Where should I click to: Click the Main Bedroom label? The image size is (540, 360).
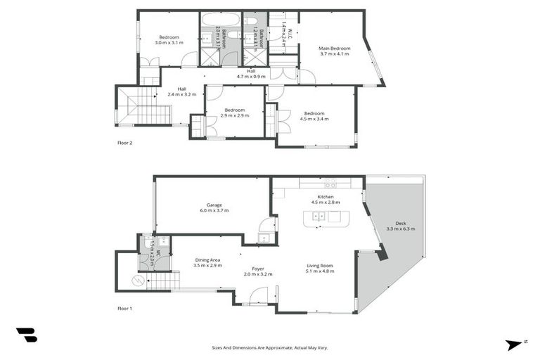click(335, 51)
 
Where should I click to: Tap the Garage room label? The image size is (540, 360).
click(214, 207)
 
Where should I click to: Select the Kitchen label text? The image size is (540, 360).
click(325, 200)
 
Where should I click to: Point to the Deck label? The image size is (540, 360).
click(397, 226)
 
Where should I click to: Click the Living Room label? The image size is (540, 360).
click(320, 269)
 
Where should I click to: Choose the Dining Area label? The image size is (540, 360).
click(207, 263)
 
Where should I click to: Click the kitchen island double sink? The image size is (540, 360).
click(319, 217)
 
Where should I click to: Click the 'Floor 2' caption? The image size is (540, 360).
click(124, 143)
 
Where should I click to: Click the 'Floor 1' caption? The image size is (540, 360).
click(124, 308)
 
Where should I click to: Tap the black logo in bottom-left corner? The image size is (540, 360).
click(27, 335)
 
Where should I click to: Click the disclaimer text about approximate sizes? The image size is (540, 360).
click(270, 347)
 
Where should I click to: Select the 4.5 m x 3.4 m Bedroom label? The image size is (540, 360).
click(314, 116)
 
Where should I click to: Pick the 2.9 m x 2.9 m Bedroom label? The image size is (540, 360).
click(234, 112)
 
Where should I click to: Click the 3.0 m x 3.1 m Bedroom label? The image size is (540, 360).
click(169, 40)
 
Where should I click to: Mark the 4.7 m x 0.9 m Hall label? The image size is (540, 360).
click(250, 73)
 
